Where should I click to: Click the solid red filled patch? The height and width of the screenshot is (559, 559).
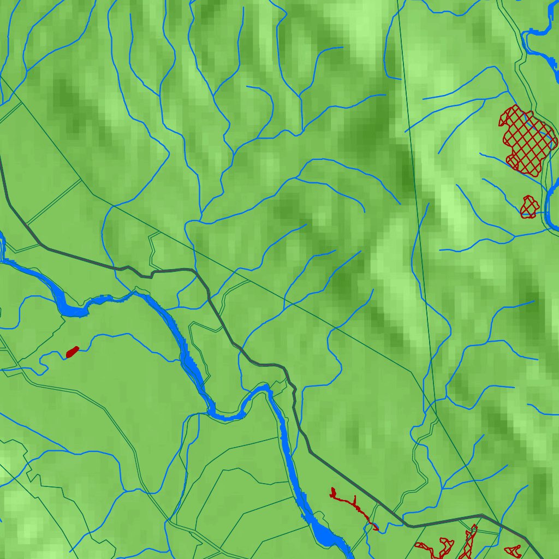(x=72, y=352)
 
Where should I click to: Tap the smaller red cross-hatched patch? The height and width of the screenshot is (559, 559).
(x=528, y=207)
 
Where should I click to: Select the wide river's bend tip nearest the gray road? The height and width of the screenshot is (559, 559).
(x=266, y=388)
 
